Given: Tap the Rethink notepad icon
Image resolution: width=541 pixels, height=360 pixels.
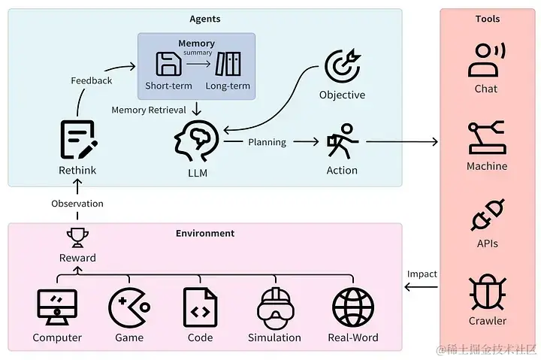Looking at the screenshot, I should click(77, 140).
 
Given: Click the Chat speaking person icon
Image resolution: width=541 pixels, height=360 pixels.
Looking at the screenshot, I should click(486, 60).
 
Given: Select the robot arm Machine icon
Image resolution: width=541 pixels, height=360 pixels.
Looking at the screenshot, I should click(486, 138).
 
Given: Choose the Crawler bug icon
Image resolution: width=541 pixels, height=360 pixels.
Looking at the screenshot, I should click(486, 292).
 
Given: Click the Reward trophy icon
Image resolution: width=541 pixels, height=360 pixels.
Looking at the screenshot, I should click(77, 237).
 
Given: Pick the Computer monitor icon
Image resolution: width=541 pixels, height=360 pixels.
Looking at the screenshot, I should click(57, 307).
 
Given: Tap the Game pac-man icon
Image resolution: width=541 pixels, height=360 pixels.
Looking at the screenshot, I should click(128, 307).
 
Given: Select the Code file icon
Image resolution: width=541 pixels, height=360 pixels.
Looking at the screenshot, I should click(200, 307).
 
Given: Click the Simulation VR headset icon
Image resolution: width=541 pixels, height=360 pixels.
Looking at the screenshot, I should click(274, 307).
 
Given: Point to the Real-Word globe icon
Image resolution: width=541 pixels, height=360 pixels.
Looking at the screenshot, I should click(352, 307).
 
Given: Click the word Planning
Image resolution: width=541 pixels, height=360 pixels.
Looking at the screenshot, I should click(267, 142).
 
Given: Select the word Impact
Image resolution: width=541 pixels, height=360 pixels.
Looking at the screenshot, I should click(422, 274).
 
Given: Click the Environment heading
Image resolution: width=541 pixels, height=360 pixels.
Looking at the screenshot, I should click(205, 233).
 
